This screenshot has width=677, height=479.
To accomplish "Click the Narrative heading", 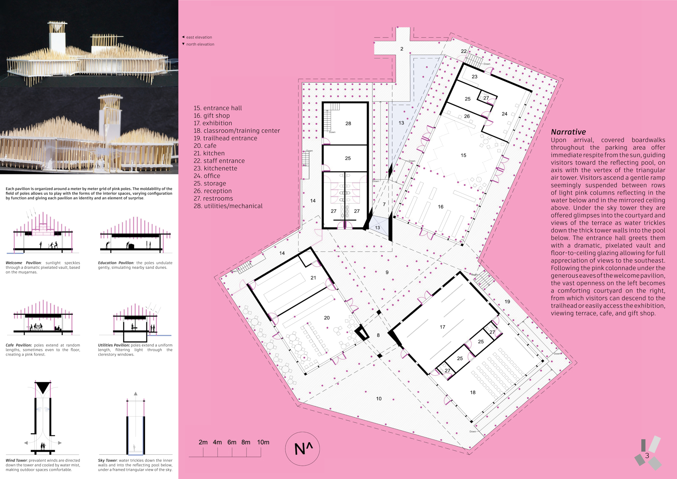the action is point(568,132).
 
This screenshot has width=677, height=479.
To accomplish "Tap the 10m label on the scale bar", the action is point(263,442).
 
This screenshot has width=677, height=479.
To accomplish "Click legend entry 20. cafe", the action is point(205,146).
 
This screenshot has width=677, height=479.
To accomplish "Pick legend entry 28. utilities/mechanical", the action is point(228,206).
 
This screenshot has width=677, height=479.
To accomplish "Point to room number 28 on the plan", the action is point(348,123).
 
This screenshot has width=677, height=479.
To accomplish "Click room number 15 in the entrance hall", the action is point(464,155).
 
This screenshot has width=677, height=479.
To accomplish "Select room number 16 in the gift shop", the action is point(441,207).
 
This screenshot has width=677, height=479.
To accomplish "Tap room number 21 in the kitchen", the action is point(313,278).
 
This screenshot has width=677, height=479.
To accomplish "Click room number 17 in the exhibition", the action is point(442,327).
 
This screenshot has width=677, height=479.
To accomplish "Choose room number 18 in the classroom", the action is point(473,392).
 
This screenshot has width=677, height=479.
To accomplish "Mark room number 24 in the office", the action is point(505,114).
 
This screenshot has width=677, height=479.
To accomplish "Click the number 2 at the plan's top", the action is point(402,49).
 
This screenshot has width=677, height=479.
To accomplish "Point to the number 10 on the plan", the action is point(379,399).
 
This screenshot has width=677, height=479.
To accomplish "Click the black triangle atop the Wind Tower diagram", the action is point(43,387).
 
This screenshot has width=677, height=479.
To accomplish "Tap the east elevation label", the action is point(199,37).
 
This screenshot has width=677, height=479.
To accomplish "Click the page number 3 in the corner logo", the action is point(647,455).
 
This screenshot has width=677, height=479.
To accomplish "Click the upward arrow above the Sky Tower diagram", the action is point(136,393).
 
